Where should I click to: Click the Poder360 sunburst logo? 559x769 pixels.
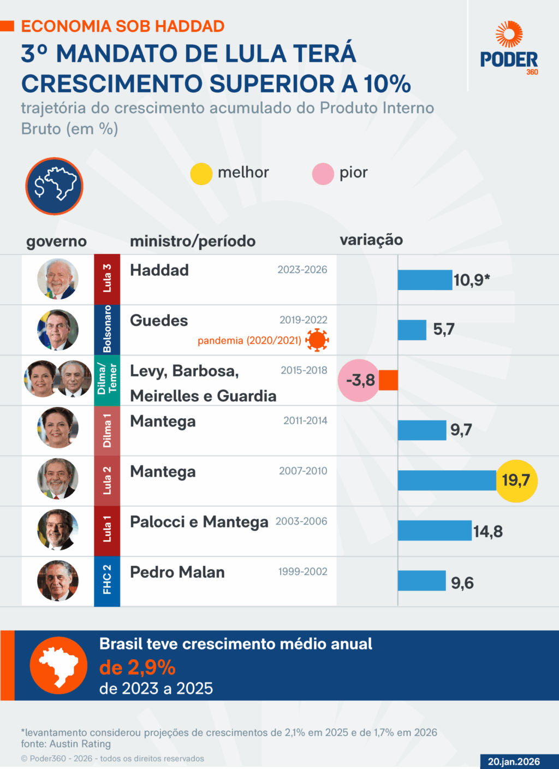(x=509, y=34)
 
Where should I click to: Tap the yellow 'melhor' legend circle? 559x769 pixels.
(x=201, y=174)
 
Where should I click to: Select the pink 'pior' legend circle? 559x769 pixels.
(x=323, y=174)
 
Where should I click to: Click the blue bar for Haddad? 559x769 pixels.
(x=425, y=280)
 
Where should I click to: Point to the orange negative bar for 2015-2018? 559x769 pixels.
(x=388, y=380)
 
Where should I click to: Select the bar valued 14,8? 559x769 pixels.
(x=435, y=530)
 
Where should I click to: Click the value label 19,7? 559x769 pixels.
(x=516, y=481)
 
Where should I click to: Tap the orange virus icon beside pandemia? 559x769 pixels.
(x=317, y=340)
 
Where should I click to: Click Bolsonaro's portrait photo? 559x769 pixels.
(x=58, y=330)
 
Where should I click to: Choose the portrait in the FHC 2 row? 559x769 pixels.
(x=58, y=581)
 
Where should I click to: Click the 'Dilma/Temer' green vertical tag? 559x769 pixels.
(x=107, y=380)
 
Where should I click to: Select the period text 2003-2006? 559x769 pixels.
(x=301, y=522)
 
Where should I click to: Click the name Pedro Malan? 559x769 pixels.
(x=177, y=572)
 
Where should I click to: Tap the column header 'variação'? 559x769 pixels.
(x=371, y=240)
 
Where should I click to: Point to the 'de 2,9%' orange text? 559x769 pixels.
(x=137, y=667)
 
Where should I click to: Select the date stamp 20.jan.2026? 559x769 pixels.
(x=514, y=761)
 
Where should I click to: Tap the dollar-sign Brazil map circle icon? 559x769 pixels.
(x=54, y=186)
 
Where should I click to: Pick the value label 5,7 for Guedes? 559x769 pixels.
(x=444, y=329)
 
